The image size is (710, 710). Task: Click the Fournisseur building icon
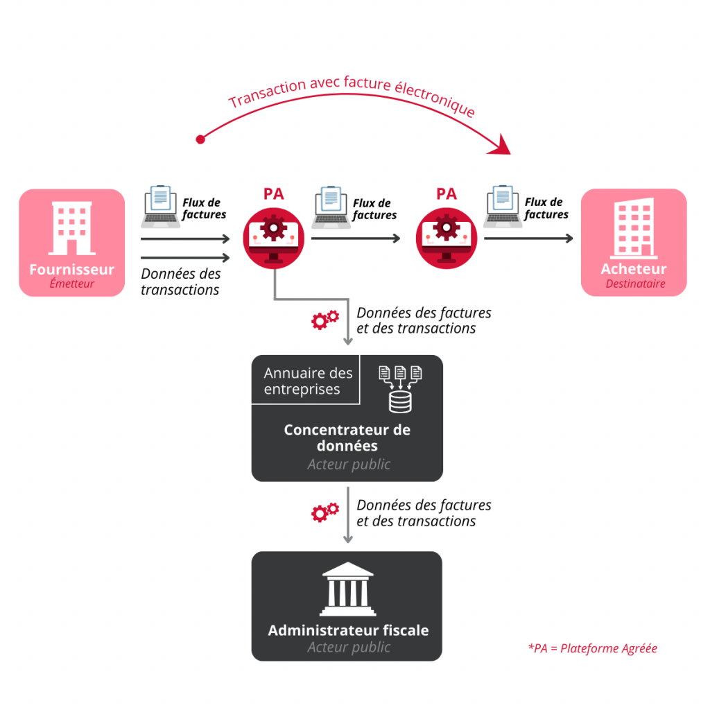pyautogui.click(x=71, y=228)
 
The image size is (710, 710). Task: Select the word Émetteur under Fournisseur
pyautogui.click(x=71, y=284)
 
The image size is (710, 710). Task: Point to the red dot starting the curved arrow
pyautogui.click(x=200, y=139)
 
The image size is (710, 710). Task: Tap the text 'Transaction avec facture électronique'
pyautogui.click(x=352, y=97)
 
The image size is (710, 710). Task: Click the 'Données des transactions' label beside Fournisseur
pyautogui.click(x=181, y=282)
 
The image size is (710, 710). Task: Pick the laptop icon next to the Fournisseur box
pyautogui.click(x=160, y=206)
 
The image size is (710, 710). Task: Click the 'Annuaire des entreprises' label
pyautogui.click(x=308, y=381)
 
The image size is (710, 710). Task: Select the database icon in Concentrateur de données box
pyautogui.click(x=400, y=388)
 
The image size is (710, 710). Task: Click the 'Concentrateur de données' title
pyautogui.click(x=347, y=438)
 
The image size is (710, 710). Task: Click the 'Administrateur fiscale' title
pyautogui.click(x=348, y=630)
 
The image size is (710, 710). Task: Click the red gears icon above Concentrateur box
pyautogui.click(x=324, y=319)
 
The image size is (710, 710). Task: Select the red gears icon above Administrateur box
pyautogui.click(x=324, y=512)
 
